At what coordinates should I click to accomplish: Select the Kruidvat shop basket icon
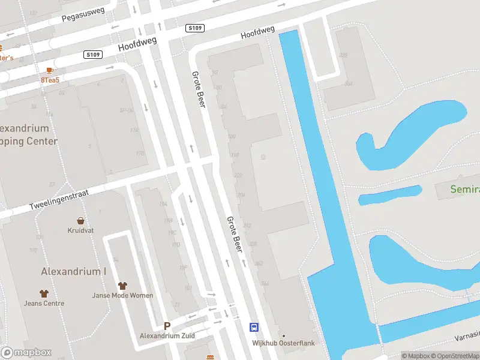click(x=80, y=221)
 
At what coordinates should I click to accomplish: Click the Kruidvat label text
click(x=80, y=230)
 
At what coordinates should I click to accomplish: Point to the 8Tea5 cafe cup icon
click(x=50, y=70)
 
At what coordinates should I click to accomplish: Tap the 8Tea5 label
click(x=50, y=80)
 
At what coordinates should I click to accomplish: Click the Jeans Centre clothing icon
click(x=44, y=293)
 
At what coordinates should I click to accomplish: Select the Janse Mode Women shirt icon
click(x=122, y=286)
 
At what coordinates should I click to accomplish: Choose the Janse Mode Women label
click(x=122, y=295)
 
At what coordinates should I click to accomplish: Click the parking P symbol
click(x=167, y=326)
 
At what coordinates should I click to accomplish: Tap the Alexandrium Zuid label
click(x=167, y=335)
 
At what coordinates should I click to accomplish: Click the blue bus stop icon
click(x=254, y=327)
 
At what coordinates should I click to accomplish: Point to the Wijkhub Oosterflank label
click(x=284, y=343)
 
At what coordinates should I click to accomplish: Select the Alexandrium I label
click(x=73, y=271)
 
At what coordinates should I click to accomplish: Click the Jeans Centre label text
click(x=44, y=304)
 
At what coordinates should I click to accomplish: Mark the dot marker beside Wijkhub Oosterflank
click(x=284, y=335)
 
